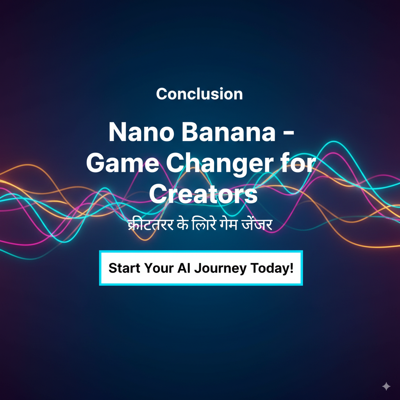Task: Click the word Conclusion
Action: click(199, 94)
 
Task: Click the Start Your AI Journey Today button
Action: click(201, 268)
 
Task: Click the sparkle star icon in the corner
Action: click(386, 386)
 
